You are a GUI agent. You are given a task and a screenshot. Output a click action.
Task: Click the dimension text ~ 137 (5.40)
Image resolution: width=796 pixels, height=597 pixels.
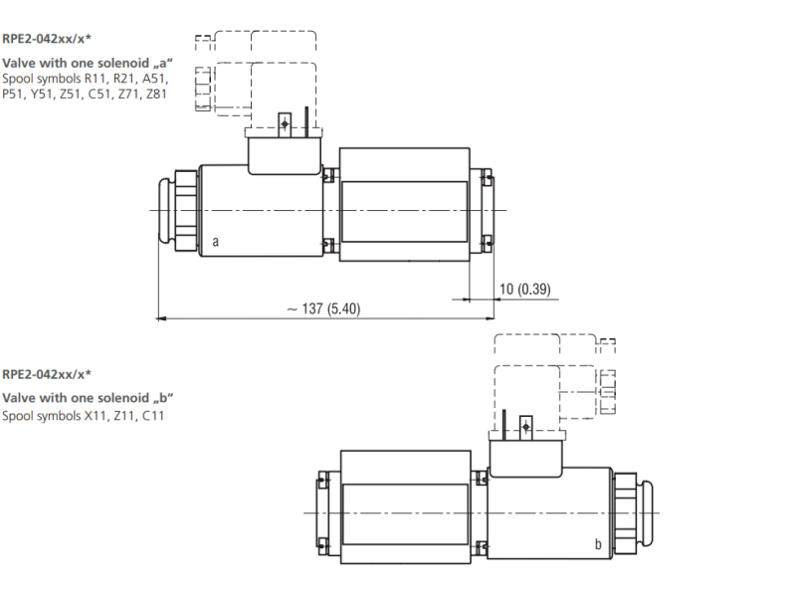click(x=323, y=308)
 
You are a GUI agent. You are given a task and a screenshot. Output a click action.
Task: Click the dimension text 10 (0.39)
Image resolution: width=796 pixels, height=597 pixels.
click(x=525, y=289)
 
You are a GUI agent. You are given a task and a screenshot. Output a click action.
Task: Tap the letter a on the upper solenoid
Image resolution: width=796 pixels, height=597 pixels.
click(x=216, y=242)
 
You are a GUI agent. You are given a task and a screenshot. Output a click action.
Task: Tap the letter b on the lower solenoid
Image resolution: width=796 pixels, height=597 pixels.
click(x=598, y=544)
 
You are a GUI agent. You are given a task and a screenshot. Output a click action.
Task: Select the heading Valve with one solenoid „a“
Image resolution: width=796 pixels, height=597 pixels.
click(x=88, y=64)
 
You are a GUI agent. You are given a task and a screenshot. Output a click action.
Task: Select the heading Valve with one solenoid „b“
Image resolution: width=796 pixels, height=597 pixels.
click(x=88, y=398)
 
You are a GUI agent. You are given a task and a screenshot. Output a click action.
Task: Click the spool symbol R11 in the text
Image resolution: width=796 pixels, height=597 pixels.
click(x=96, y=79)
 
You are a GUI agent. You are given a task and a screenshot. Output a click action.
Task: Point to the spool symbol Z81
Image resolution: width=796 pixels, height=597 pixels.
click(x=156, y=94)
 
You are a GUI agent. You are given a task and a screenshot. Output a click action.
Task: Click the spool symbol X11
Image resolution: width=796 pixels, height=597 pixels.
click(x=96, y=416)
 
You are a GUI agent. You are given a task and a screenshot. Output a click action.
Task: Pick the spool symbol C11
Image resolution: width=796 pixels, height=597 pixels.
click(x=153, y=416)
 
